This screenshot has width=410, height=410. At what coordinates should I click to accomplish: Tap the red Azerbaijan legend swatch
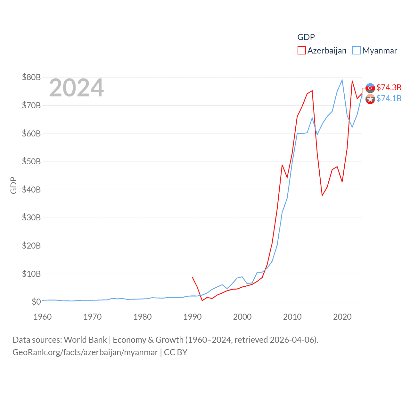click(x=301, y=51)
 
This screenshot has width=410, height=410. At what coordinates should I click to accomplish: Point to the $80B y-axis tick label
click(x=31, y=77)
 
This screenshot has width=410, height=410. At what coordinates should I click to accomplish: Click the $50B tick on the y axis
click(x=31, y=161)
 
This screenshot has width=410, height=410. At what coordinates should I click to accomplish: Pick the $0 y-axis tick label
click(x=36, y=302)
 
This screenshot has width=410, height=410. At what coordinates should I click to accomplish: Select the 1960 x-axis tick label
click(x=43, y=317)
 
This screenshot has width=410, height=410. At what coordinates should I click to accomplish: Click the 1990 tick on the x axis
click(x=193, y=317)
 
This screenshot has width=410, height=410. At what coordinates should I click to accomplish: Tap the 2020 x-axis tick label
click(x=342, y=317)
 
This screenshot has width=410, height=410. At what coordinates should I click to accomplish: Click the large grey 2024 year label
click(x=77, y=88)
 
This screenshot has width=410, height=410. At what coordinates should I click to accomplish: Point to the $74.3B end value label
click(x=389, y=87)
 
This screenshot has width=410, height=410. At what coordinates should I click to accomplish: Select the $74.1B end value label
click(x=389, y=98)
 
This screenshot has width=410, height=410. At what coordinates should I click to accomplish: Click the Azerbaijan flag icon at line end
click(x=370, y=88)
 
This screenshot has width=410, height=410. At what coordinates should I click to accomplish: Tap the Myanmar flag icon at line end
click(x=370, y=99)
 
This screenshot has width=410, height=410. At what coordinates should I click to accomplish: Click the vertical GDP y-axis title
click(x=13, y=185)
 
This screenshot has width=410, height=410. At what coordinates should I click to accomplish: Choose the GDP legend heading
click(x=306, y=37)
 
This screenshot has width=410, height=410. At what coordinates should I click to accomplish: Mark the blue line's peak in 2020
click(x=342, y=80)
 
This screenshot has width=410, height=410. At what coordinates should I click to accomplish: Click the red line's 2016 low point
click(x=322, y=196)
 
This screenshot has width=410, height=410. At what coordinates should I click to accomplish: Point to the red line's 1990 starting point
click(x=192, y=277)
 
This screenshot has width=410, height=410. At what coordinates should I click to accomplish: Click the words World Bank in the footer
click(x=86, y=340)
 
